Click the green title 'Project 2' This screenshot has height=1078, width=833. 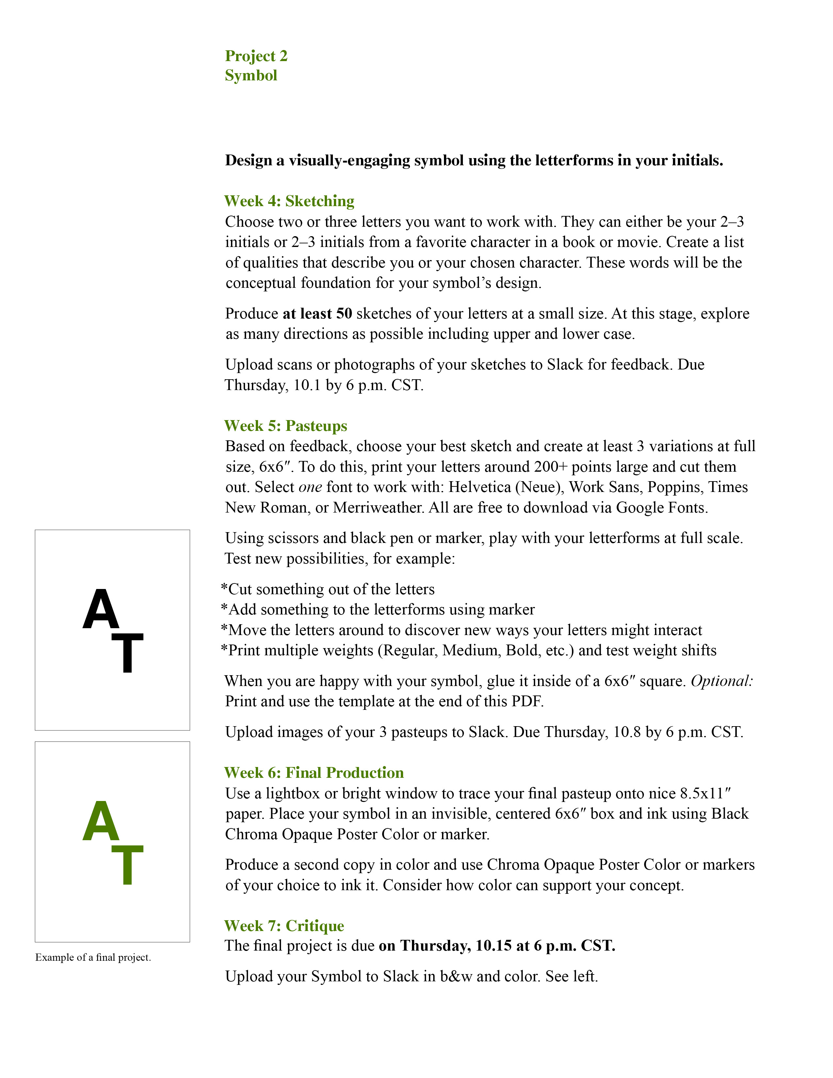click(x=256, y=56)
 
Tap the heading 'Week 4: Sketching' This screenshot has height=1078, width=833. click(x=289, y=201)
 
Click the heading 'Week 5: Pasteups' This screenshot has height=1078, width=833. click(x=286, y=426)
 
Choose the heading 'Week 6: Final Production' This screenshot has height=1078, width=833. click(x=314, y=773)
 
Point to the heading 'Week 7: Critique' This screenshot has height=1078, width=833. click(x=284, y=926)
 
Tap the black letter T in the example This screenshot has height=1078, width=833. click(x=127, y=653)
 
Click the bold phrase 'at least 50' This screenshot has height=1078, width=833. click(x=317, y=314)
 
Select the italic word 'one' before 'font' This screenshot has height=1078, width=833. click(x=310, y=487)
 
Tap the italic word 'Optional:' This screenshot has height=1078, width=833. click(x=722, y=681)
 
